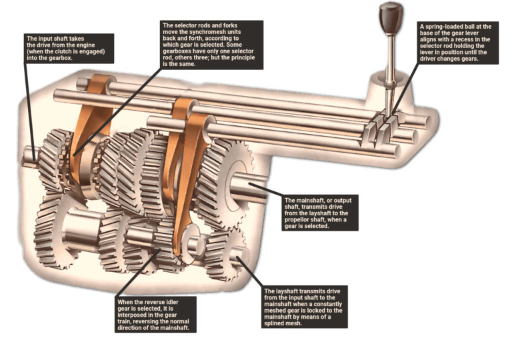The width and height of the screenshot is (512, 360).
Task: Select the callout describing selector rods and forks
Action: (x=212, y=45)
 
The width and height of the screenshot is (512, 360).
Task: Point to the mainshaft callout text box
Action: (x=320, y=213)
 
